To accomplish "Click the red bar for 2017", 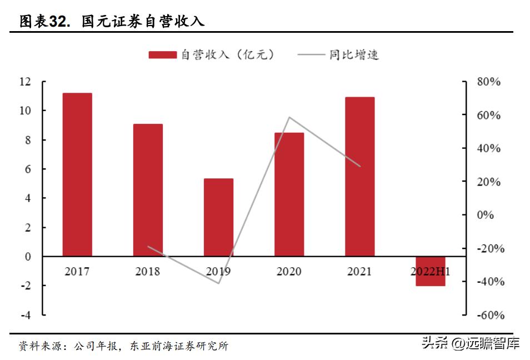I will coord(77,174).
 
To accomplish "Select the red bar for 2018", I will coord(148,190).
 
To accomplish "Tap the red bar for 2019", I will coord(218,217).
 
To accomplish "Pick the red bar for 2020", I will coord(289,194).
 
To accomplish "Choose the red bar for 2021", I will coord(359,177).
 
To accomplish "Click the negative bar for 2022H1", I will coord(431,271).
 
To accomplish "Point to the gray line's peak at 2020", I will coord(289,117).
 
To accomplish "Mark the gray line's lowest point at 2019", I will coord(219,283).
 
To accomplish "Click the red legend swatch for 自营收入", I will coord(162,54).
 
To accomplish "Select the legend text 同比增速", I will coord(354,54).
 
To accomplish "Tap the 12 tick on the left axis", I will coord(24,82).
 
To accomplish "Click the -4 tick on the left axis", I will coord(24,314).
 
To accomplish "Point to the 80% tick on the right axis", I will coord(489,82).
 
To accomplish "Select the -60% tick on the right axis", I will coord(491,315).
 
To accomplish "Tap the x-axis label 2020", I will coord(289,272).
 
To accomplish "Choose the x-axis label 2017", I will coord(77,272).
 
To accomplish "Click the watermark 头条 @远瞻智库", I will coord(471,344).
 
